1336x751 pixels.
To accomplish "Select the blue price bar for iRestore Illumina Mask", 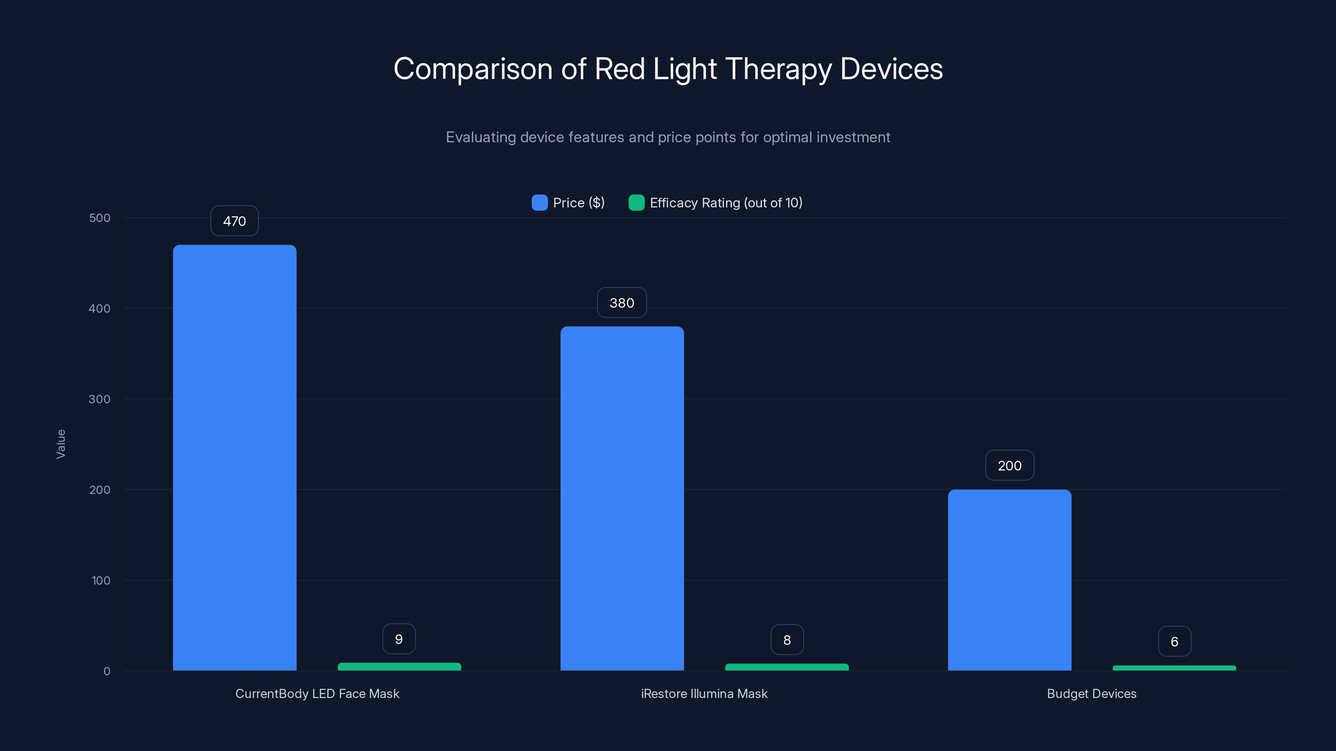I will pyautogui.click(x=622, y=498).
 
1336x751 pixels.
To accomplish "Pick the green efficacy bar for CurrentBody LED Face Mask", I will pyautogui.click(x=400, y=667).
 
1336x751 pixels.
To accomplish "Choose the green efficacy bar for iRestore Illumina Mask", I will pyautogui.click(x=787, y=667).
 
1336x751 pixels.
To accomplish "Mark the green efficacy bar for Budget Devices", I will pyautogui.click(x=1174, y=668).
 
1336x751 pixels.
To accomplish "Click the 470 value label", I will pyautogui.click(x=234, y=221).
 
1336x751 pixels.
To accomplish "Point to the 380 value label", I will pyautogui.click(x=622, y=302).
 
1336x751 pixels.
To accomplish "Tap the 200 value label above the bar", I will pyautogui.click(x=1009, y=466).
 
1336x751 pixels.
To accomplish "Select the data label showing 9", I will pyautogui.click(x=399, y=639).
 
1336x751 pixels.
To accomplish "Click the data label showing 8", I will pyautogui.click(x=787, y=640).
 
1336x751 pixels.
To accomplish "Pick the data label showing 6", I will pyautogui.click(x=1174, y=642).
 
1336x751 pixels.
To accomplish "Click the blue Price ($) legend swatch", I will pyautogui.click(x=539, y=203).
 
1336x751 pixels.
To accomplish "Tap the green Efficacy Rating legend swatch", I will pyautogui.click(x=636, y=203).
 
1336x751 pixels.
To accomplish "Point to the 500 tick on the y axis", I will pyautogui.click(x=100, y=218).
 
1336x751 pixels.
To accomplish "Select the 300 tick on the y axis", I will pyautogui.click(x=100, y=399).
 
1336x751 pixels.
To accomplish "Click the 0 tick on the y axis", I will pyautogui.click(x=107, y=671).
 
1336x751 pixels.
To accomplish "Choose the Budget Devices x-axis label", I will pyautogui.click(x=1091, y=693).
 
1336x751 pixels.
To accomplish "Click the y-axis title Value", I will pyautogui.click(x=61, y=444).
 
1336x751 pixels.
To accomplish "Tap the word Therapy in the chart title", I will pyautogui.click(x=778, y=69).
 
